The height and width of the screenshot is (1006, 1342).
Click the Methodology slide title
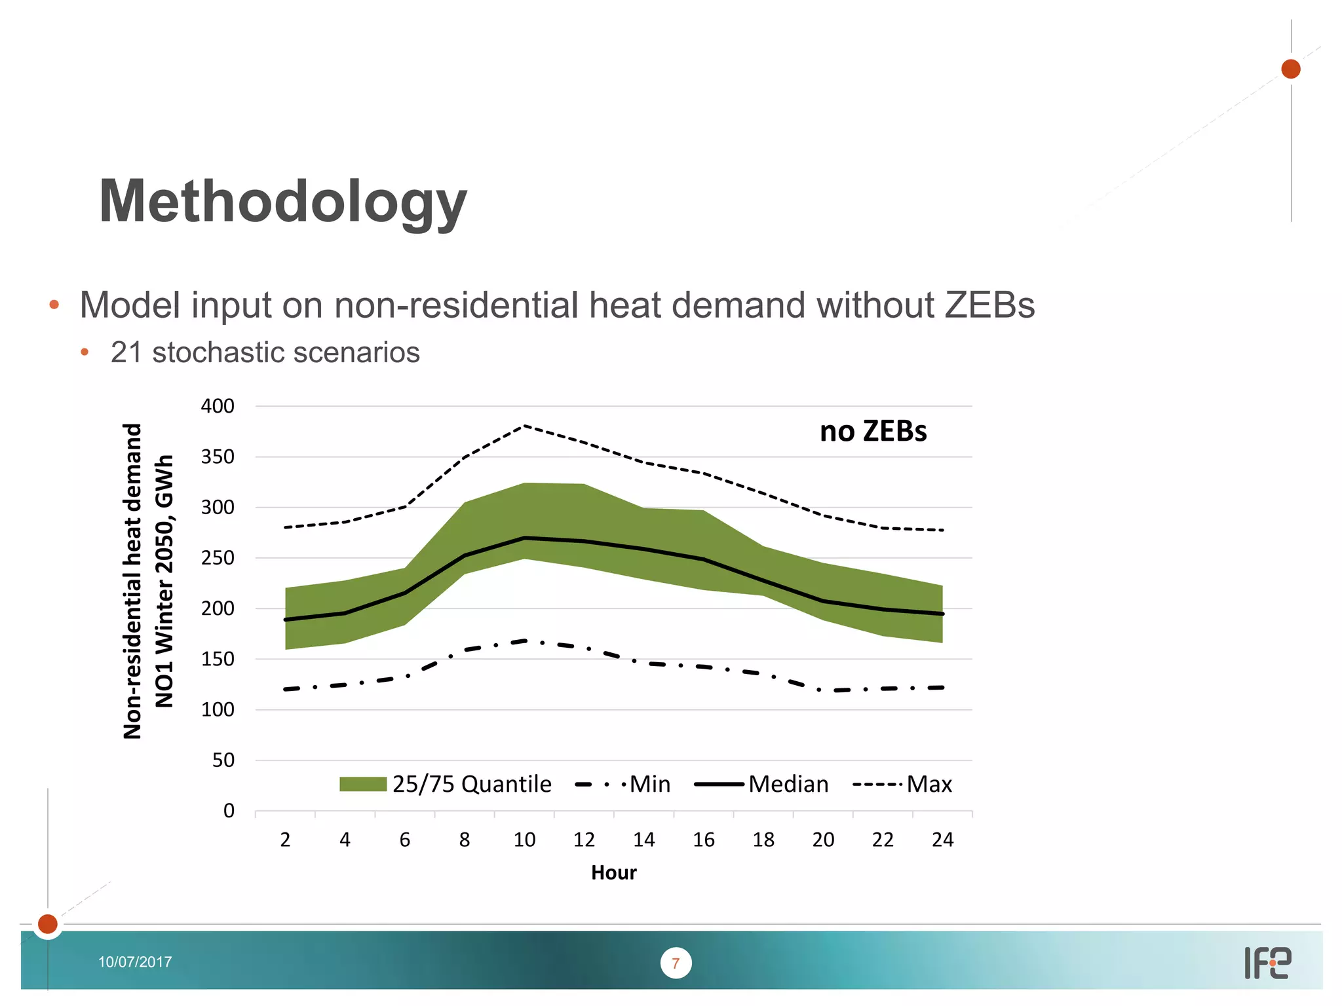pyautogui.click(x=282, y=202)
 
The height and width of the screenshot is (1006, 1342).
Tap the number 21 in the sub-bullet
pyautogui.click(x=126, y=352)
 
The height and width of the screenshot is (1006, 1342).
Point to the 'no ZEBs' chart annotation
pyautogui.click(x=873, y=432)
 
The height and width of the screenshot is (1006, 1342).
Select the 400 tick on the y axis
pyautogui.click(x=218, y=406)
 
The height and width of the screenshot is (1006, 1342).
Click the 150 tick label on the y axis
pyautogui.click(x=218, y=659)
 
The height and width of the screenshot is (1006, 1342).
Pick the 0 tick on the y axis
pyautogui.click(x=229, y=811)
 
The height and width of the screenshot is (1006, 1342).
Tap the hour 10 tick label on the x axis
pyautogui.click(x=524, y=840)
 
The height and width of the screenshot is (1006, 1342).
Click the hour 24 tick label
pyautogui.click(x=942, y=840)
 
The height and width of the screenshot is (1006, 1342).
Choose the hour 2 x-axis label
pyautogui.click(x=285, y=840)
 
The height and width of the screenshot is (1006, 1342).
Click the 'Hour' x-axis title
pyautogui.click(x=613, y=872)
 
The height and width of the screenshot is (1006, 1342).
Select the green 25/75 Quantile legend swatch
pyautogui.click(x=363, y=784)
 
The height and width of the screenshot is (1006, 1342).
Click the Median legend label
pyautogui.click(x=788, y=784)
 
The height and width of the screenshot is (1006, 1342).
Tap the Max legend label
pyautogui.click(x=929, y=784)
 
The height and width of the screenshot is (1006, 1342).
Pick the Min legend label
pyautogui.click(x=650, y=784)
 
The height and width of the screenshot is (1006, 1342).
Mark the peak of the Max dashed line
pyautogui.click(x=524, y=426)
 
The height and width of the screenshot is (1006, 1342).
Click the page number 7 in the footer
pyautogui.click(x=676, y=963)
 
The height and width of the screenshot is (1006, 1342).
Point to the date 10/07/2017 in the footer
pyautogui.click(x=135, y=962)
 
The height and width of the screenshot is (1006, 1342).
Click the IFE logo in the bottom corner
pyautogui.click(x=1267, y=963)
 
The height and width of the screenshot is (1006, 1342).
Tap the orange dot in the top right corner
pyautogui.click(x=1290, y=69)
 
